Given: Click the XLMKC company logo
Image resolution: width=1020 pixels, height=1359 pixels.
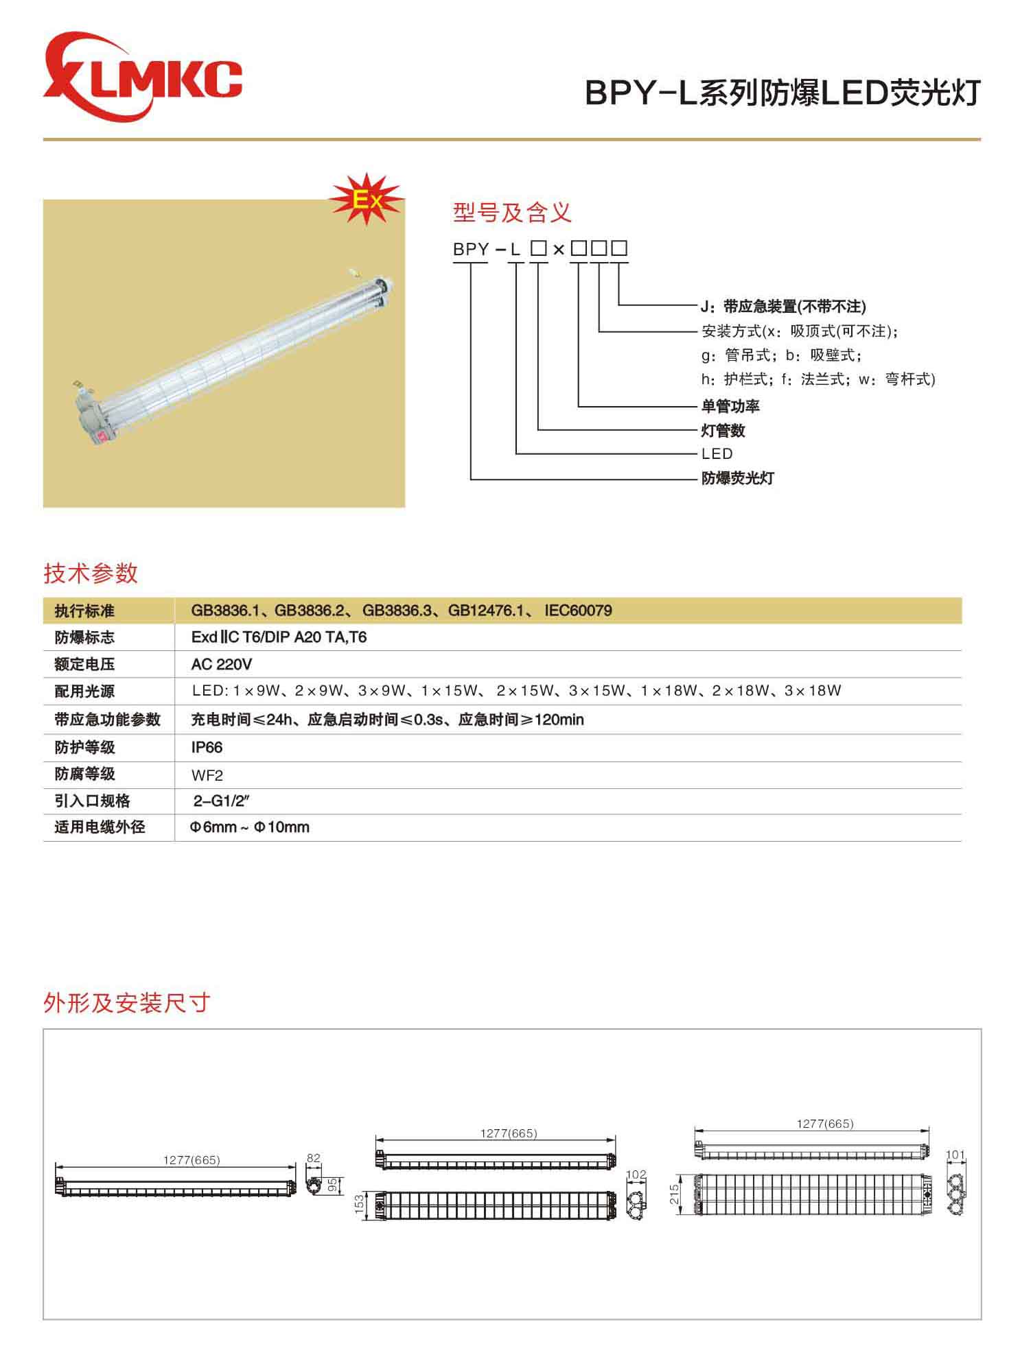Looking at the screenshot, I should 142,77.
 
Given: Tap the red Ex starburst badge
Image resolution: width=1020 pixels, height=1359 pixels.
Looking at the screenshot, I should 366,199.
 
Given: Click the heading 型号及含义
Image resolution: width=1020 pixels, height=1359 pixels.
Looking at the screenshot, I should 512,213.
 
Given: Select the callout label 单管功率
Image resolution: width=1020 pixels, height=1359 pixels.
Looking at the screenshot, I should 730,406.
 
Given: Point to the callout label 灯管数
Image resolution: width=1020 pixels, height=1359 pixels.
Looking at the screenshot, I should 723,431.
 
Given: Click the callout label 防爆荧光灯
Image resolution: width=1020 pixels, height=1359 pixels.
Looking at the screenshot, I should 737,478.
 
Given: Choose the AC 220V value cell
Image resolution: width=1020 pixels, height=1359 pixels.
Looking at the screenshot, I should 222,664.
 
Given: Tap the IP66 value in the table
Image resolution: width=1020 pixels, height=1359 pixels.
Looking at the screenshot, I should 207,747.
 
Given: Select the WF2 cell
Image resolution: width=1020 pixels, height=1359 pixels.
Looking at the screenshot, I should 207,775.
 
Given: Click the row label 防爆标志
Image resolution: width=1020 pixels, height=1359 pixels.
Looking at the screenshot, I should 84,637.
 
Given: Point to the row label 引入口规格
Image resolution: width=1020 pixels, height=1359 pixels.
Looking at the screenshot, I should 92,801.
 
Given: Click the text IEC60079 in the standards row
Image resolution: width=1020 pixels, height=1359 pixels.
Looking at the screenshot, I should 578,611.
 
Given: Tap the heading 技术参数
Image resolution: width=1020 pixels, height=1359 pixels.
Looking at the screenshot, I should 91,574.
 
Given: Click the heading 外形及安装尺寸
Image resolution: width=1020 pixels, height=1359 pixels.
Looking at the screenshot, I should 126,1003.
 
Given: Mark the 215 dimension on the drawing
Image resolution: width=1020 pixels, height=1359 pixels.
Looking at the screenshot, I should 674,1194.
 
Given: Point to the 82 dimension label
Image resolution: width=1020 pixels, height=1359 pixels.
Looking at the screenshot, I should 313,1158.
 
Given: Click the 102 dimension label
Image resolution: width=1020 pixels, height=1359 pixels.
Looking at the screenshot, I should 636,1174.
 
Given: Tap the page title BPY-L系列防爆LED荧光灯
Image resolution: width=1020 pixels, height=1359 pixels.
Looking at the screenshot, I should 783,93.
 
